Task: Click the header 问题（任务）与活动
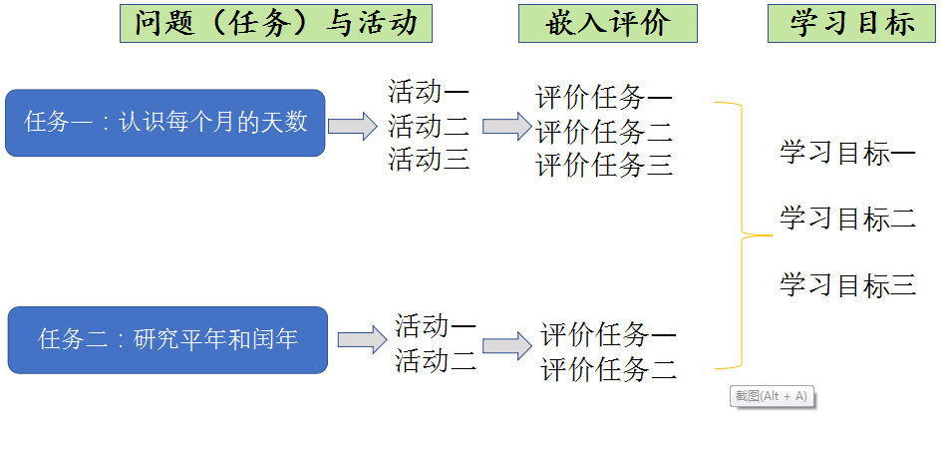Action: (276, 23)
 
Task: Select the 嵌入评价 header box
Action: (607, 23)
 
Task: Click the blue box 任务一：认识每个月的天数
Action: (165, 124)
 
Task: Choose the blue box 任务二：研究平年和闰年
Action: (167, 340)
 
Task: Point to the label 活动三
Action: (429, 160)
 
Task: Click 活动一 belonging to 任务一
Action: (429, 93)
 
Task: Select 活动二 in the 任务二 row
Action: (436, 359)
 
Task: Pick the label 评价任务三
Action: (605, 166)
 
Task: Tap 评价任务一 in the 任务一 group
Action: (605, 98)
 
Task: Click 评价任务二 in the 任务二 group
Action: (609, 370)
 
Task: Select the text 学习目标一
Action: (847, 154)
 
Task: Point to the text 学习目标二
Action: (847, 219)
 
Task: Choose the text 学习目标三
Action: (847, 285)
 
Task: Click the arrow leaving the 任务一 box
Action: (353, 126)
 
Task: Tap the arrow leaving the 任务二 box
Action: (362, 340)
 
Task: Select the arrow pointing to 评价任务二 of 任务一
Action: (507, 126)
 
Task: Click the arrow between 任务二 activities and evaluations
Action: (507, 345)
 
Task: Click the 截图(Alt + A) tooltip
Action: (773, 396)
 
